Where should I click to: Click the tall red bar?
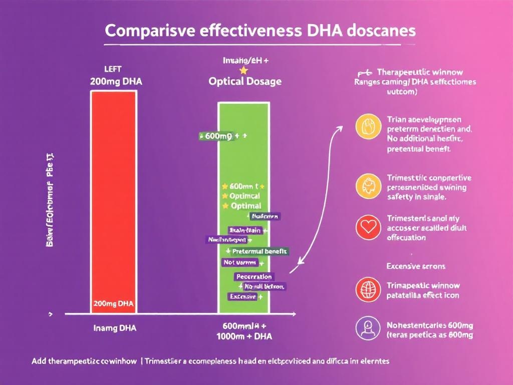113,201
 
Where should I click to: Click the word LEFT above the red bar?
113,69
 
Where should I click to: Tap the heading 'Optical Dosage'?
245,81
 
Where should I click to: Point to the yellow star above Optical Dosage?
244,70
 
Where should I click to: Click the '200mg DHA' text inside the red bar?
113,304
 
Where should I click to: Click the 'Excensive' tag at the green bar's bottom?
243,297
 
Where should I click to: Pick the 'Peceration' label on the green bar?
254,277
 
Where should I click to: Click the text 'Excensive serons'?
416,266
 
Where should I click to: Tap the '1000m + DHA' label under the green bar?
244,336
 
